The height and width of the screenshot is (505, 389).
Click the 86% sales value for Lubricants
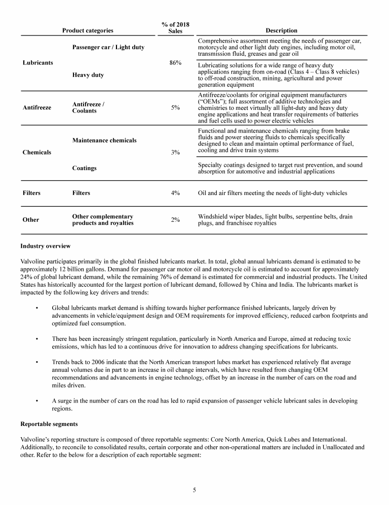[175, 63]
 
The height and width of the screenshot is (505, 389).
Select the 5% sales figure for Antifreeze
[175, 107]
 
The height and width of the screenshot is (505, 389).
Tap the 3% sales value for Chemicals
[175, 152]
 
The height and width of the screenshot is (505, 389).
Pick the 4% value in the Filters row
[175, 193]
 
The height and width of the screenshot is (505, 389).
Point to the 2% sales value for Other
[175, 220]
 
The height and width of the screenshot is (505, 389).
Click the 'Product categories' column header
[88, 30]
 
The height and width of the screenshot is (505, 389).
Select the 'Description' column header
[281, 30]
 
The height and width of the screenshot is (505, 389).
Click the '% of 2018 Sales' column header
[175, 27]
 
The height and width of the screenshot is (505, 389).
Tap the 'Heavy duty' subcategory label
[88, 75]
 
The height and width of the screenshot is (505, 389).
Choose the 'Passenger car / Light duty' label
[108, 47]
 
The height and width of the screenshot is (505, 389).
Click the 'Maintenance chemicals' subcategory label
[104, 140]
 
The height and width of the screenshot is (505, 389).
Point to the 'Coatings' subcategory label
[84, 168]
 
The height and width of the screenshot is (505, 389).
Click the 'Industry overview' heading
[46, 246]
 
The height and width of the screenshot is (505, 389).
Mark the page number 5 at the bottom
[194, 490]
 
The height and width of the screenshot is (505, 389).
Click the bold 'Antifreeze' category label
[37, 107]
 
